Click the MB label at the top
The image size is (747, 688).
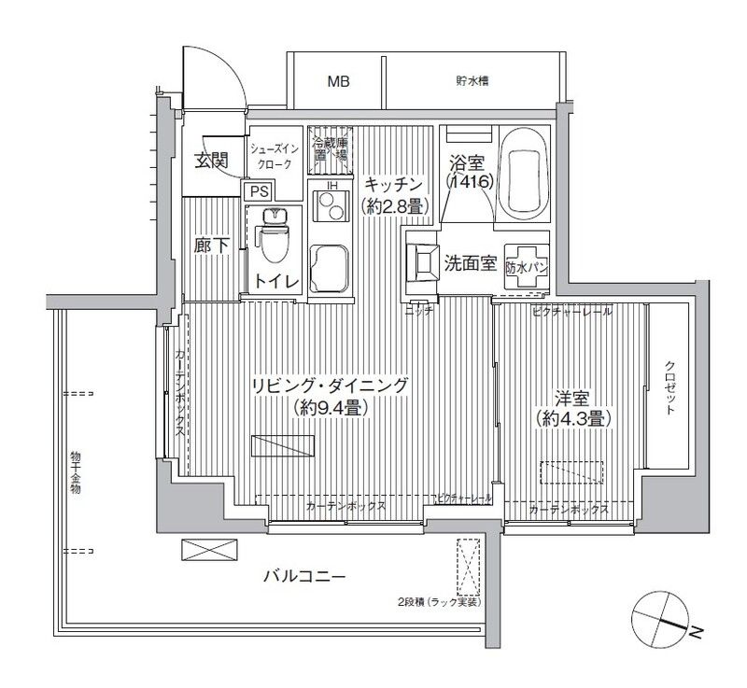(x=338, y=82)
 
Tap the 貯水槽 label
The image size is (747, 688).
(x=472, y=81)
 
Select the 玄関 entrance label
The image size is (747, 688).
(x=212, y=160)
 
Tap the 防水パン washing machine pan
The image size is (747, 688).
(x=527, y=265)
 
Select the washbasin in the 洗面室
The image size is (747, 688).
(x=423, y=262)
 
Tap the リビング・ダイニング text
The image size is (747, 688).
(x=329, y=385)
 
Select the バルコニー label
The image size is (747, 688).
(x=304, y=577)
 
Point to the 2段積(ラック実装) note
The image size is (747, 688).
(x=436, y=603)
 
